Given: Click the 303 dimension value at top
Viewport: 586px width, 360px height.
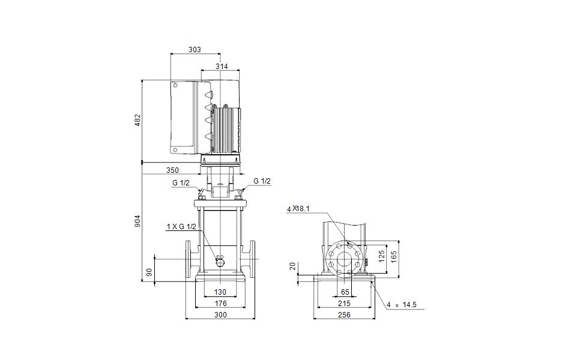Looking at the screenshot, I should [195, 50].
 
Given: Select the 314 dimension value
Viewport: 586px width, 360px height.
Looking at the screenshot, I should [222, 67].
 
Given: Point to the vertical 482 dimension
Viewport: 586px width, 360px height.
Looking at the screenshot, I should [137, 120].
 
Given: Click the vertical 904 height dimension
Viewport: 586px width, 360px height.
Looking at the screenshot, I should [137, 221].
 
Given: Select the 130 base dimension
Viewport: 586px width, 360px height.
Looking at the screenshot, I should [220, 292].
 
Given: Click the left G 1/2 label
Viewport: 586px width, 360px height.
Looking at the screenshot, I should [181, 182].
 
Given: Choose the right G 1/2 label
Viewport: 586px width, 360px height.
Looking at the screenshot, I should [262, 181].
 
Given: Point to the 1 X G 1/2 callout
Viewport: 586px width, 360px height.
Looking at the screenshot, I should [181, 226].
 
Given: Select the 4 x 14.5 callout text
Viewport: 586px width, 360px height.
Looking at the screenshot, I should [402, 305].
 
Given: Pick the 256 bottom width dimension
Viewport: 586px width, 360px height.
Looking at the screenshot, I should [344, 314].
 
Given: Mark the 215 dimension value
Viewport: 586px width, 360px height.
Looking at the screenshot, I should [344, 304].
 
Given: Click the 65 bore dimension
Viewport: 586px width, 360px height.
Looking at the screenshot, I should [345, 292].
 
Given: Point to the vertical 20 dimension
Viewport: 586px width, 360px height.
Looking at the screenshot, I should [293, 266].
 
